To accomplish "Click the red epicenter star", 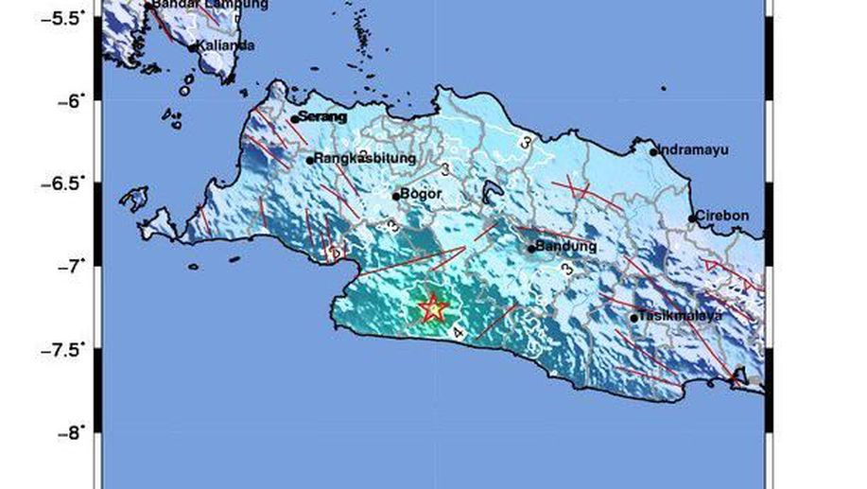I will coord(432,307).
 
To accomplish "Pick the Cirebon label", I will coord(724,216).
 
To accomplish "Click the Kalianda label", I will coord(219,45).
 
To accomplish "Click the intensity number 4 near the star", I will coord(459,333).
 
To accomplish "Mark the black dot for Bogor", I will coord(396,196).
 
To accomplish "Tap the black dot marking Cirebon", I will coord(692,218).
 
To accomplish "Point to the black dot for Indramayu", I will coord(653,151).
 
